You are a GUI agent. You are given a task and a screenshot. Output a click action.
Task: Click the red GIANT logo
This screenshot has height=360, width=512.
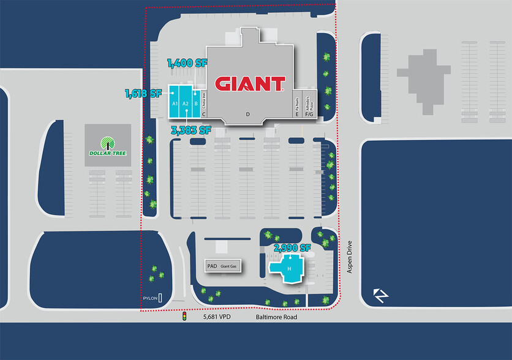[x=250, y=83]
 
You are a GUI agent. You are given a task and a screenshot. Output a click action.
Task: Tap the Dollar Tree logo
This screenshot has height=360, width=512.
[x=107, y=145]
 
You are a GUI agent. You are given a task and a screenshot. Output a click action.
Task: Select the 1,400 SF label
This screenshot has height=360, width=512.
[x=189, y=62]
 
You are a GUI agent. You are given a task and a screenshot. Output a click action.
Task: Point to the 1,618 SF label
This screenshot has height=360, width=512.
[x=143, y=94]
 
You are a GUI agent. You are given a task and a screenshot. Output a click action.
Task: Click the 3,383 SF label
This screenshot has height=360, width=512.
[x=191, y=130]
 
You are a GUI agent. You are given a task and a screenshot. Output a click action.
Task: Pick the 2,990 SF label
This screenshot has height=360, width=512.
[x=292, y=248]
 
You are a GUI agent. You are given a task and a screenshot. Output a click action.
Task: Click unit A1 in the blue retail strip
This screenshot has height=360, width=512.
[x=175, y=103]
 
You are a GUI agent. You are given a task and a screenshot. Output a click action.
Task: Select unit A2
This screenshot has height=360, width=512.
[x=186, y=103]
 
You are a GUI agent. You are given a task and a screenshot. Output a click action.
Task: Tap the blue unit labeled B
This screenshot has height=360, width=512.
[x=196, y=103]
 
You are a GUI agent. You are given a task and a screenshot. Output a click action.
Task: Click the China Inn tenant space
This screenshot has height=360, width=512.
[x=204, y=101]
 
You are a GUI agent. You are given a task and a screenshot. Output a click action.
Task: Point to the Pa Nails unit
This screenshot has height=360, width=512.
[x=297, y=104]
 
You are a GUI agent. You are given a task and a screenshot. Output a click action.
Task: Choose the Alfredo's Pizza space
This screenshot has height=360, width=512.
[x=309, y=104]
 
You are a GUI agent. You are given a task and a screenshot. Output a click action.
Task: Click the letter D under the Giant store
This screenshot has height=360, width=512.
[x=248, y=114]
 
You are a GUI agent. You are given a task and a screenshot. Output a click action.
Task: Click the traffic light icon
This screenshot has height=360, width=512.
[x=184, y=317]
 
